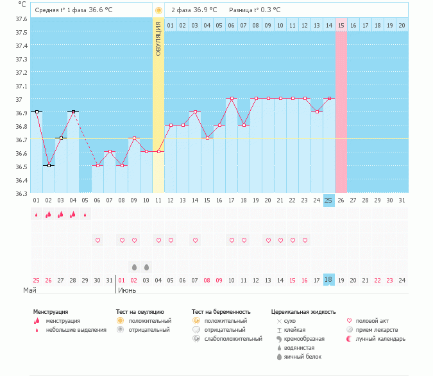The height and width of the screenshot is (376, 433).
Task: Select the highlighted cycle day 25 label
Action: pos(328,200)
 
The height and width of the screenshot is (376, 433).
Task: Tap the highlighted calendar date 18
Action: pos(328,280)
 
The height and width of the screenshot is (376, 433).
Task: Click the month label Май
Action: pos(30,290)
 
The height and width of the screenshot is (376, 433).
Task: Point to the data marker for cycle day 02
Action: pos(49,165)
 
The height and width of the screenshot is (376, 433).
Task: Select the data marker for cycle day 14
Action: pos(195,111)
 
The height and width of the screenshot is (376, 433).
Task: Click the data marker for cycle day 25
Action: pos(329,98)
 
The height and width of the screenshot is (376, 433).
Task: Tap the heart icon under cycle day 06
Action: pos(98,240)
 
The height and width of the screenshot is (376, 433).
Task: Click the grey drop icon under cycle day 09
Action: pos(134,266)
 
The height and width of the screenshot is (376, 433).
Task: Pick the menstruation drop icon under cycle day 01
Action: pos(37,215)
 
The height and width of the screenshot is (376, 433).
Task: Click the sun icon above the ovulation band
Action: pos(158,11)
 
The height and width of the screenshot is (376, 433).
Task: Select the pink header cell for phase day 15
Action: pos(341,25)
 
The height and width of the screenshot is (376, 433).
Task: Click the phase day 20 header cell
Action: pos(402,25)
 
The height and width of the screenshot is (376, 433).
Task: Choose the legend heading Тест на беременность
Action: pos(220,312)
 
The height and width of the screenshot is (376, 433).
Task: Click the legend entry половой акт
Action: pos(370,320)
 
